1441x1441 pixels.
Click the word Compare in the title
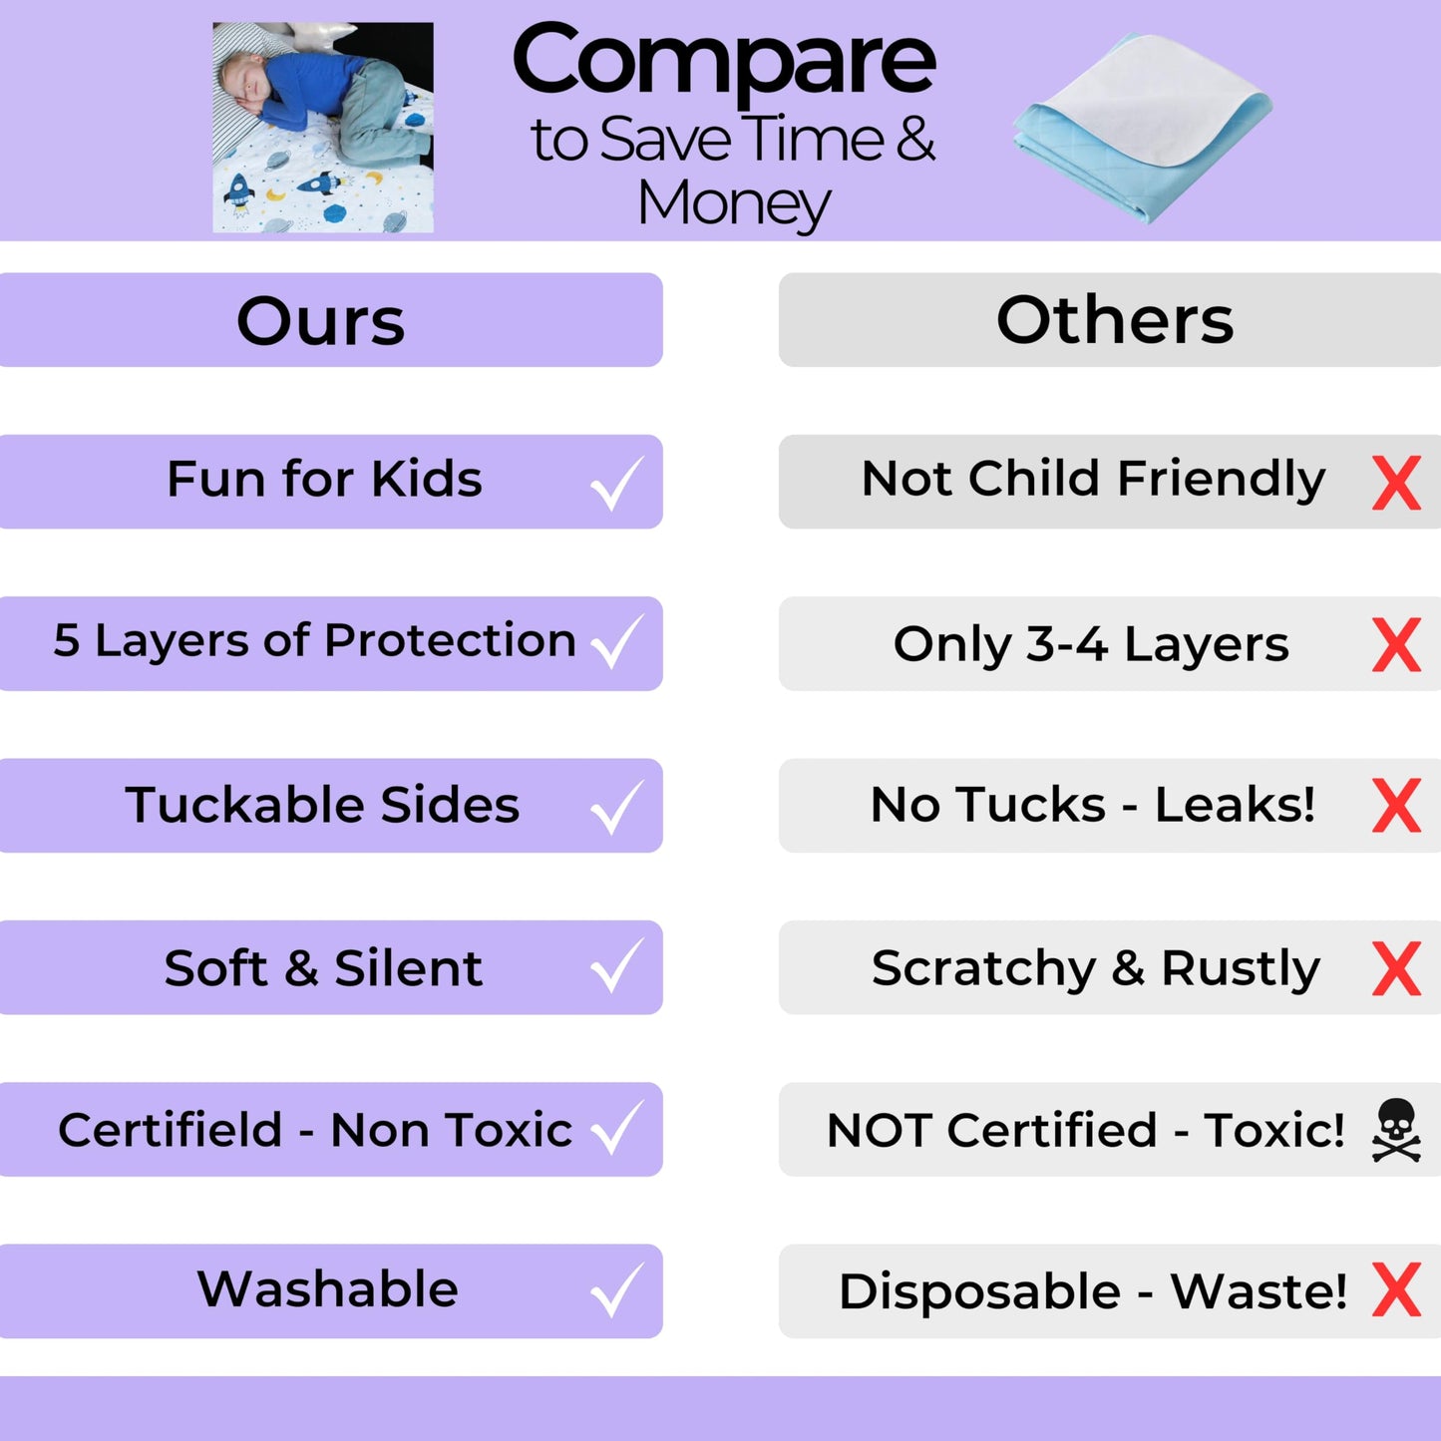click(x=723, y=62)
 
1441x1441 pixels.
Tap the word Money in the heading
click(x=733, y=203)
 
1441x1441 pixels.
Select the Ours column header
click(x=321, y=321)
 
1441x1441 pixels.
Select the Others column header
click(x=1115, y=320)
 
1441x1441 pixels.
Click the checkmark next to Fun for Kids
click(x=616, y=484)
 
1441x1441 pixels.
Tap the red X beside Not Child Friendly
click(x=1396, y=484)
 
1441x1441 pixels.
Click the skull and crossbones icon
click(x=1396, y=1130)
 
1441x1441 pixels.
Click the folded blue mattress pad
click(x=1143, y=125)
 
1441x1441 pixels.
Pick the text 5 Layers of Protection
click(x=314, y=640)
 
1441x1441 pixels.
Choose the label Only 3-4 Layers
click(x=1091, y=644)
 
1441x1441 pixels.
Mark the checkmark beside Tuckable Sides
click(x=616, y=807)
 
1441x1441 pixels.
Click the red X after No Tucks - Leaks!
click(x=1396, y=806)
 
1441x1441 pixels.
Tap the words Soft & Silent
click(x=323, y=968)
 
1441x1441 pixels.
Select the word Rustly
click(x=1241, y=968)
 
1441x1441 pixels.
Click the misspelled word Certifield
click(x=171, y=1130)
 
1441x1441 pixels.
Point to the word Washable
click(x=328, y=1288)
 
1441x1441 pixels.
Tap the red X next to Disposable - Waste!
click(x=1396, y=1290)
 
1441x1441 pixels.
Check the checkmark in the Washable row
click(x=616, y=1291)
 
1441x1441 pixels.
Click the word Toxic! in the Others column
click(x=1274, y=1130)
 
